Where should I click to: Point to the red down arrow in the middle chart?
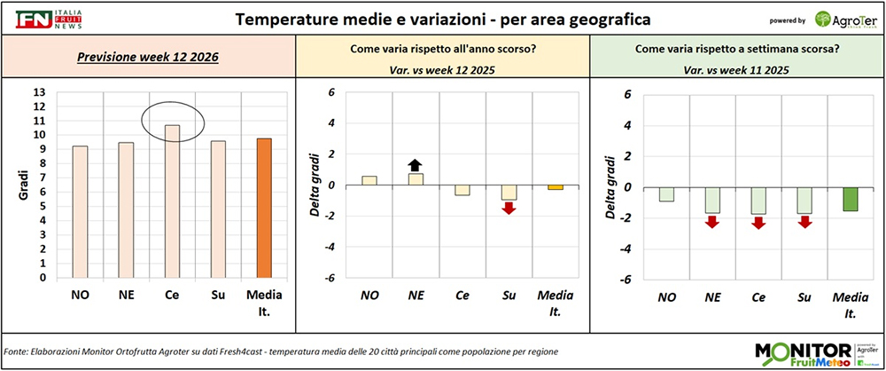coord(509,208)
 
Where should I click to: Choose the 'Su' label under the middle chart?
coord(509,296)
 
